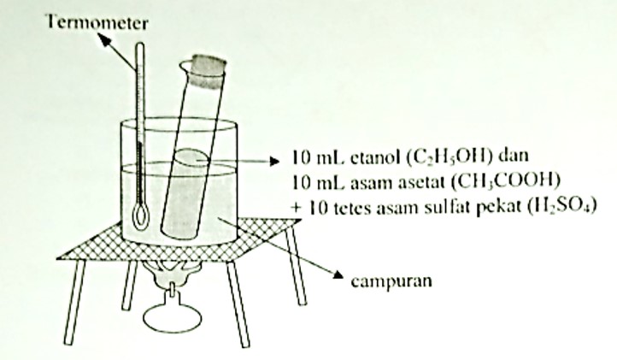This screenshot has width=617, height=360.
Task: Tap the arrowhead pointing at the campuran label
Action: [337, 275]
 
